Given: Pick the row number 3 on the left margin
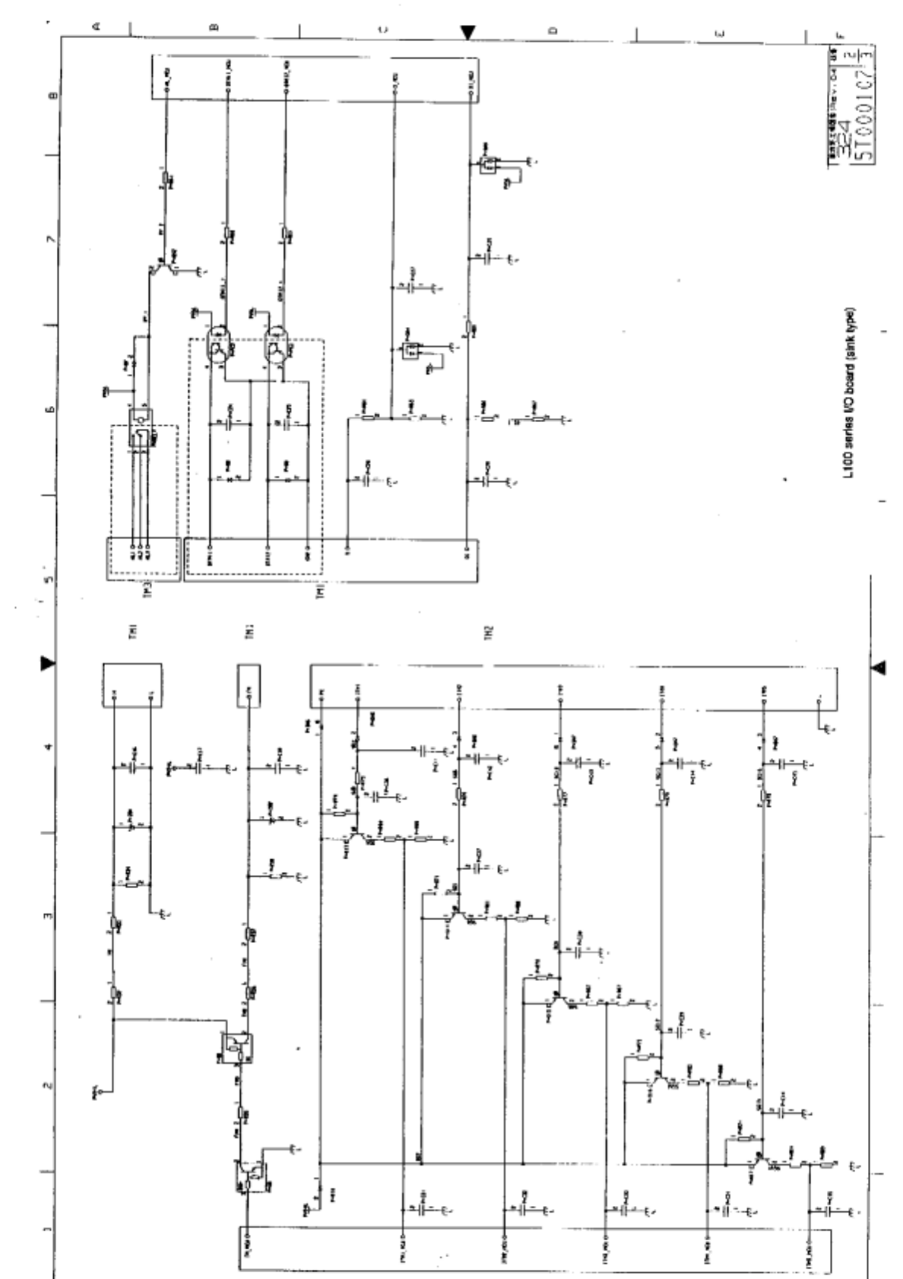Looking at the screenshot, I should [49, 916].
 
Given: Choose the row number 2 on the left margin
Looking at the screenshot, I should [49, 1086].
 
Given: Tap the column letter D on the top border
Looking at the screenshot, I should [552, 30].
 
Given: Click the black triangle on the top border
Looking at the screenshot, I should [468, 32].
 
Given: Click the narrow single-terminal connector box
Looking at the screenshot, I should [249, 685].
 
